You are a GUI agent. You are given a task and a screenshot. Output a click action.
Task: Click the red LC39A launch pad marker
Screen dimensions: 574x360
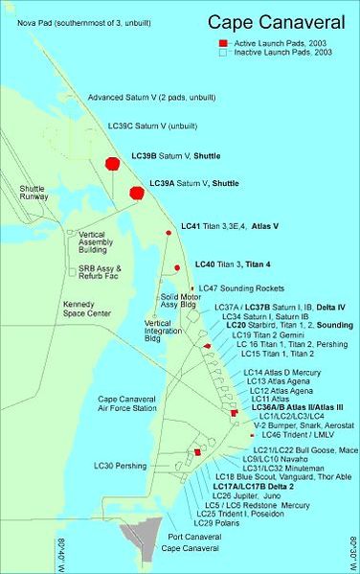tap(136, 193)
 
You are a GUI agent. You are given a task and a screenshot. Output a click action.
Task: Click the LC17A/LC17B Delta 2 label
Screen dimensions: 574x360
tap(251, 486)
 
